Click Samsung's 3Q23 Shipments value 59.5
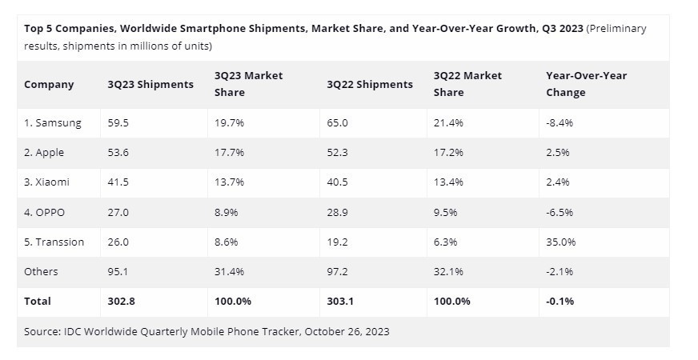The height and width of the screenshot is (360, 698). [x=118, y=123]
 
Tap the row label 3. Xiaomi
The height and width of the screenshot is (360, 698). [x=46, y=182]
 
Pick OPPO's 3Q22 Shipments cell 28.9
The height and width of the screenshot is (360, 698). [x=339, y=212]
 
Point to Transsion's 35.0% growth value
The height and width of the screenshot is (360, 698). [x=560, y=242]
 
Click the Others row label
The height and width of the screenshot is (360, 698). [x=41, y=271]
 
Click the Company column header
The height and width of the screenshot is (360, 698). [x=49, y=84]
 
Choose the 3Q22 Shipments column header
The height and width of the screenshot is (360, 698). [x=370, y=84]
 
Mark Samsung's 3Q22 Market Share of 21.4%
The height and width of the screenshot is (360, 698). [x=448, y=123]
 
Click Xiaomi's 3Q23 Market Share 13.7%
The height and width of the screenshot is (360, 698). [x=230, y=182]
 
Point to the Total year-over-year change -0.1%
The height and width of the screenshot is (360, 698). [x=560, y=301]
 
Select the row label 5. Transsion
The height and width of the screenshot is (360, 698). [x=54, y=242]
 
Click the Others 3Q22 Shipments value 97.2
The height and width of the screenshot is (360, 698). [x=339, y=271]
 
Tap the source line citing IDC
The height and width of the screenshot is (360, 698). [x=207, y=331]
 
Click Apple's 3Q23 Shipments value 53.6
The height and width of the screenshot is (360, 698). [x=118, y=153]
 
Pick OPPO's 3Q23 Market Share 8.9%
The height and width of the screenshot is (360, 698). [x=227, y=212]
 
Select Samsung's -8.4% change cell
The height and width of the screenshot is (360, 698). [x=559, y=123]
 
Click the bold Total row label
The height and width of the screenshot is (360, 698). [x=38, y=301]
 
